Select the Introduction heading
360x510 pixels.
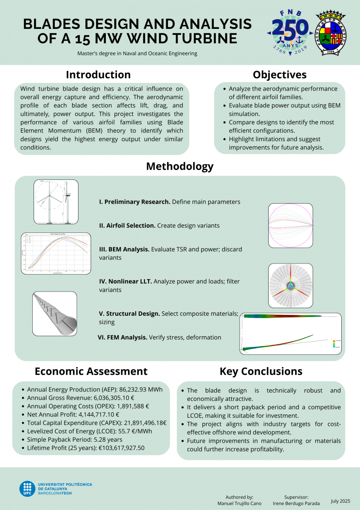[98, 75]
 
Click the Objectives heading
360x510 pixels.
[279, 75]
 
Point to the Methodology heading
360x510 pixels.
[180, 166]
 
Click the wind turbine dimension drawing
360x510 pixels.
[56, 202]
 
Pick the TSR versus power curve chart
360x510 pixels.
[56, 253]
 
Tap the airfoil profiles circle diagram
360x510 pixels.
[290, 226]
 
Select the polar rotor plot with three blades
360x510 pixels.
[290, 286]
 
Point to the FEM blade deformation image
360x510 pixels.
[291, 334]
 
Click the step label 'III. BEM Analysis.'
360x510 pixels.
[124, 249]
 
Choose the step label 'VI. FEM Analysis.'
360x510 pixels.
[122, 337]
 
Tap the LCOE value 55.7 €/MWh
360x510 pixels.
[135, 431]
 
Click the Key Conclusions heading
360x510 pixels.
[261, 371]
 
